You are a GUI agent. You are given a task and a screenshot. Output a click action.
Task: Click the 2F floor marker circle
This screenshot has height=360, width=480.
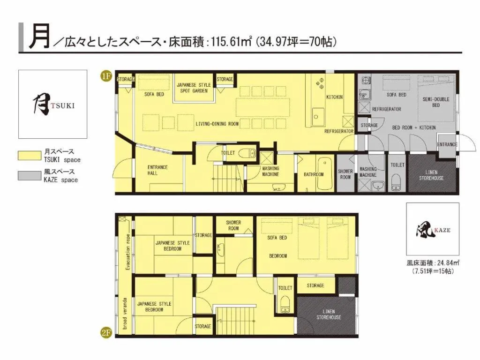coord(107,333)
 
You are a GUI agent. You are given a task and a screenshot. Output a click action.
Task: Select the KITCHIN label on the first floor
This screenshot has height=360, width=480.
coord(334,97)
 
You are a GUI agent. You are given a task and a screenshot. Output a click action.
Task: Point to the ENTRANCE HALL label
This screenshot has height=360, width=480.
coord(157,170)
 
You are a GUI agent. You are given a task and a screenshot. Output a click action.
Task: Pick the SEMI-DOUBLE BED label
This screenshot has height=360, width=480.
coord(436,102)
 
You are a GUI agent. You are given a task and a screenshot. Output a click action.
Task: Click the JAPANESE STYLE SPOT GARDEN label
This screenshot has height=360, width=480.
coord(194,88)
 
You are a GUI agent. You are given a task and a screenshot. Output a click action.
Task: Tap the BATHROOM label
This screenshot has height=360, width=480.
coord(314,174)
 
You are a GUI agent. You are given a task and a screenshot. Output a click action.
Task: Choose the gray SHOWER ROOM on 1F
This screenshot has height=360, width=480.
coord(345,174)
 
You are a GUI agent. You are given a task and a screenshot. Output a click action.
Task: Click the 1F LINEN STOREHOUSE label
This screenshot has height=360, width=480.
coord(431,174)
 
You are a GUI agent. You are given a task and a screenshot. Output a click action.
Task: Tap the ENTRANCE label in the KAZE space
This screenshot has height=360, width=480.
coord(447,144)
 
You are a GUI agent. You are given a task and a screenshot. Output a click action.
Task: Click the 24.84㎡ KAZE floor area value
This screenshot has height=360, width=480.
coord(442,263)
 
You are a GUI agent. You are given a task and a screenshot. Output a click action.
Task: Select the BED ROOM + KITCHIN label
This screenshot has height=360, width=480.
coord(414,127)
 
